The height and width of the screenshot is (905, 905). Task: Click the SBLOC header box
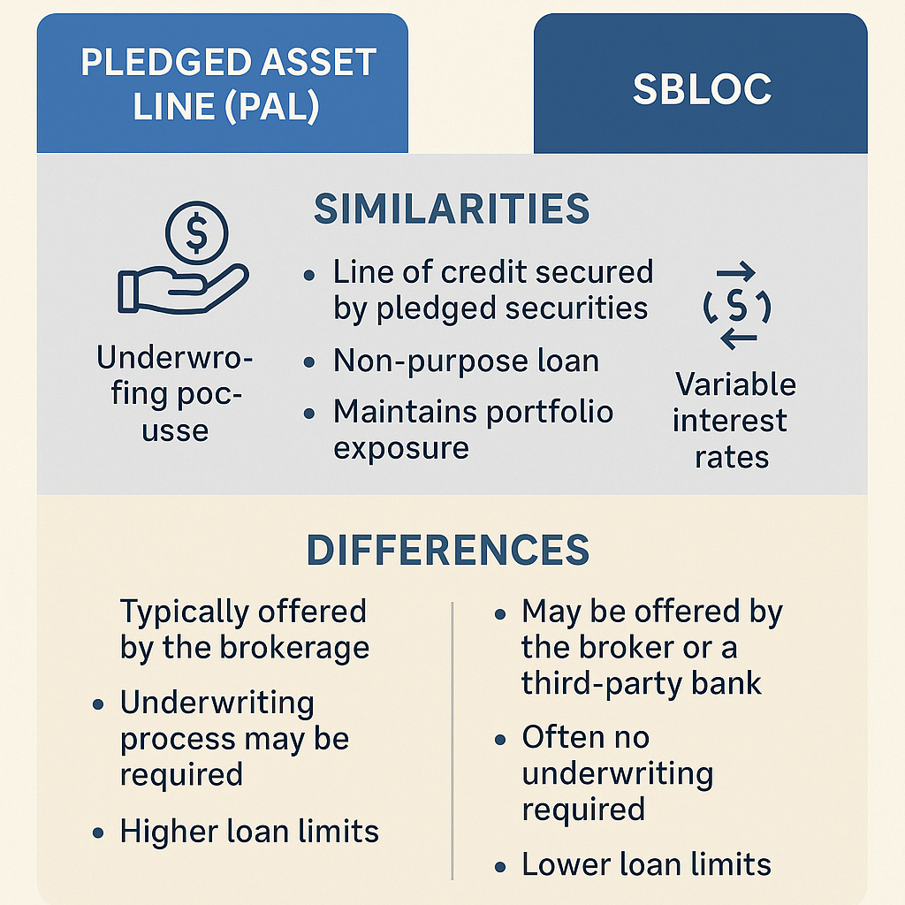point(701,88)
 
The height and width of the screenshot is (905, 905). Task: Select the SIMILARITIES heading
point(452,209)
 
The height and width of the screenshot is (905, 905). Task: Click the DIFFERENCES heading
point(447,551)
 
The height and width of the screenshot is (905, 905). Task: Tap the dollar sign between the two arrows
point(736,307)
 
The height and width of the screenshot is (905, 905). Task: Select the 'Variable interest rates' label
point(733,421)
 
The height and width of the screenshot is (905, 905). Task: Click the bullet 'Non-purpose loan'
point(466,361)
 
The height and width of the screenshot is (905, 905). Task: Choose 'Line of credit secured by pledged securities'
point(491,290)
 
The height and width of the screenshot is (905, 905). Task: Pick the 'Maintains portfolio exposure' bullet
point(472,430)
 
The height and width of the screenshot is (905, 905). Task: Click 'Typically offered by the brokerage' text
point(245,629)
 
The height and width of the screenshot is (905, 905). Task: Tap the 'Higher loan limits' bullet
point(249,831)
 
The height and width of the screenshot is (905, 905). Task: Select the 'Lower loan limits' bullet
point(646,864)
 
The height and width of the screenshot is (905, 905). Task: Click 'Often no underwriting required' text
point(617,773)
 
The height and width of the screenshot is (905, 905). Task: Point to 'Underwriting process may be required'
point(234,739)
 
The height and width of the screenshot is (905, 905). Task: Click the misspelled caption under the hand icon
point(175,395)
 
